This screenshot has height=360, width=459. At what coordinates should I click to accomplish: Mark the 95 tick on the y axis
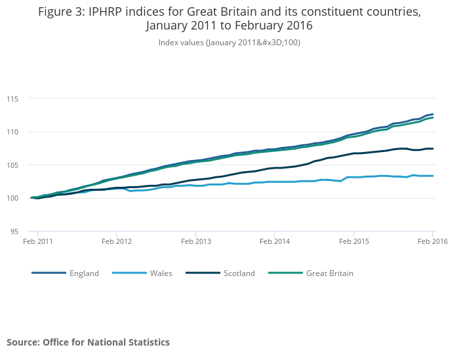[x=22, y=231]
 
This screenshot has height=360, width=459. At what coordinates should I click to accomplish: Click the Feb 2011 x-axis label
[x=37, y=242]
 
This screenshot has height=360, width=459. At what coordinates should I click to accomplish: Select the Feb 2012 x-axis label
[x=116, y=242]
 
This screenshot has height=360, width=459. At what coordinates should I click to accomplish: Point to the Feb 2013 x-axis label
[x=195, y=242]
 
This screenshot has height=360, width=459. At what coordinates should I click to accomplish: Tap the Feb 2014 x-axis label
[x=274, y=242]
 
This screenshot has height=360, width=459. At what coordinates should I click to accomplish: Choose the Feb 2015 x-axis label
[x=353, y=242]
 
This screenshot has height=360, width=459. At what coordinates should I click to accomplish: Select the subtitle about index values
[x=229, y=43]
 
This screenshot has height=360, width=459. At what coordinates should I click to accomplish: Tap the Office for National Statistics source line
[x=88, y=342]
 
